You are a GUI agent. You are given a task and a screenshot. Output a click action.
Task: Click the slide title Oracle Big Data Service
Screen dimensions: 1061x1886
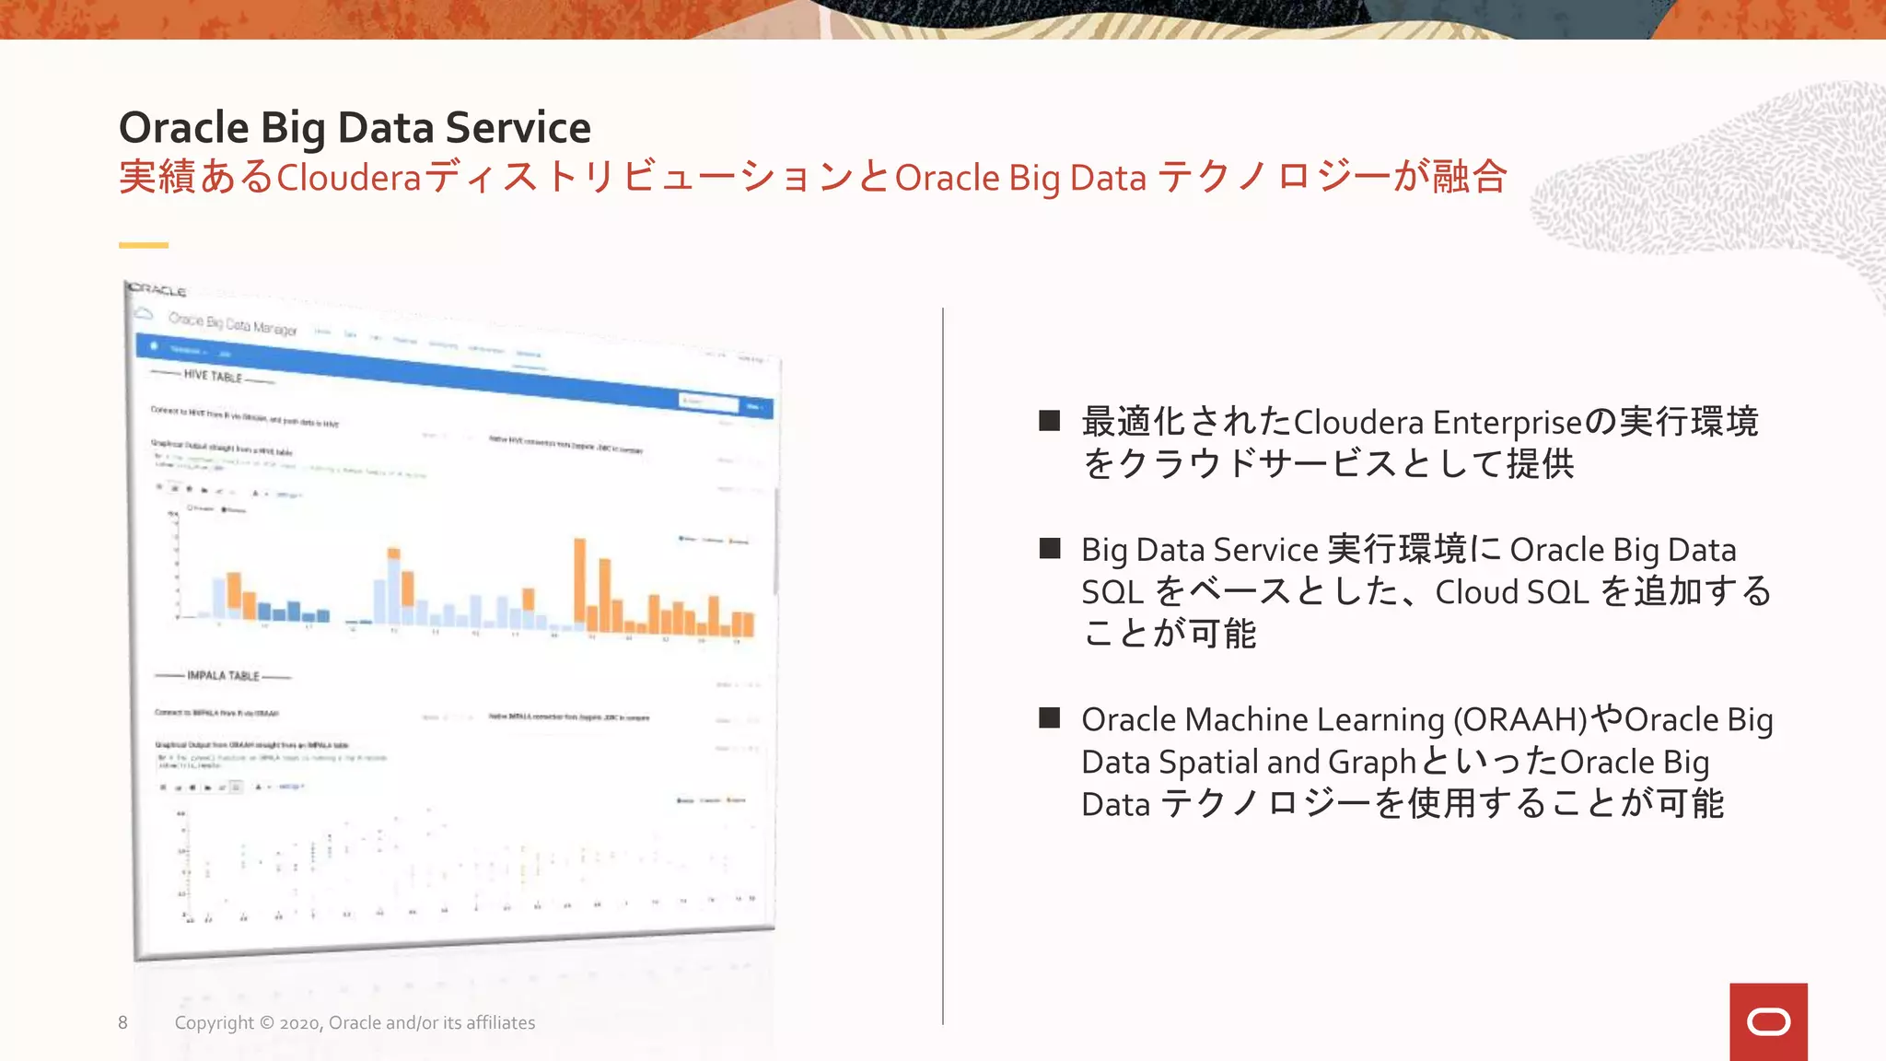pos(355,127)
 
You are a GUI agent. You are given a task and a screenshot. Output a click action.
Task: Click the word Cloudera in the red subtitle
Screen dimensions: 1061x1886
pos(348,178)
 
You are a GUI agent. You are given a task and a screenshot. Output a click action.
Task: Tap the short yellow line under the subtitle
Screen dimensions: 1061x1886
pos(144,245)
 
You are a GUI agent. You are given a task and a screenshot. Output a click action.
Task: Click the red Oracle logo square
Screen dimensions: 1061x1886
pos(1767,1021)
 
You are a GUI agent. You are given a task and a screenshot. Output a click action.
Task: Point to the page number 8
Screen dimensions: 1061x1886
pos(122,1022)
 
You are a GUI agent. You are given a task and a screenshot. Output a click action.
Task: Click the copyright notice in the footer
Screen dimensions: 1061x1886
pos(355,1022)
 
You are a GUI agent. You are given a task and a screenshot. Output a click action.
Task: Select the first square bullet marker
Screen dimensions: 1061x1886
pos(1049,421)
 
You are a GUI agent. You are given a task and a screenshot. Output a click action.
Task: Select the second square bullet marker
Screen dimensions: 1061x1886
pos(1049,549)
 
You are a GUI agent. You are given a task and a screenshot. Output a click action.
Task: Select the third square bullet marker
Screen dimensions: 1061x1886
pos(1049,718)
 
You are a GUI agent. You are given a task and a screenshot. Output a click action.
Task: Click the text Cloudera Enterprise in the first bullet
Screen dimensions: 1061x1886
pos(1438,422)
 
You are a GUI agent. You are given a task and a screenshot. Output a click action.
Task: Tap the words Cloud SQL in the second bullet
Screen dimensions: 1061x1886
pos(1511,591)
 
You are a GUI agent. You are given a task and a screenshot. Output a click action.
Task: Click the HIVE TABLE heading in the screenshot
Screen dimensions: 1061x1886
pos(213,377)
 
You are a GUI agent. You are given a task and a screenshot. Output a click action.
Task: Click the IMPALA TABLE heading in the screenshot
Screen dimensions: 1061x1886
pos(223,676)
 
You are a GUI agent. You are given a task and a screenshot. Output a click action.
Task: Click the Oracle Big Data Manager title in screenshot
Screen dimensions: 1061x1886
pos(232,323)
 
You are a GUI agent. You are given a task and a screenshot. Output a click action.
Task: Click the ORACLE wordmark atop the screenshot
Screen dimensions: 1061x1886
pos(157,290)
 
